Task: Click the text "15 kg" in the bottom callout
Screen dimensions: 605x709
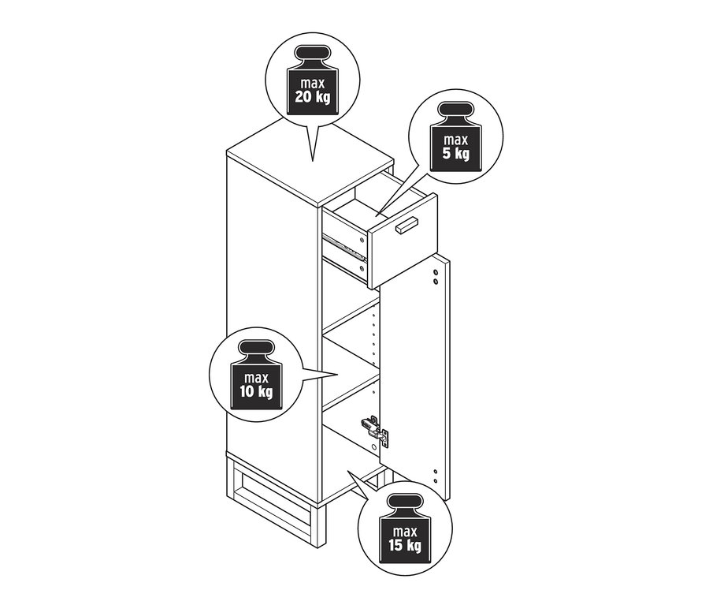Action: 403,545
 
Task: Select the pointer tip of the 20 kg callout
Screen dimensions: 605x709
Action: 313,161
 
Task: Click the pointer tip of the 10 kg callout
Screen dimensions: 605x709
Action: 338,374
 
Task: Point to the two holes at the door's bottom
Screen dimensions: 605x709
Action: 435,476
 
